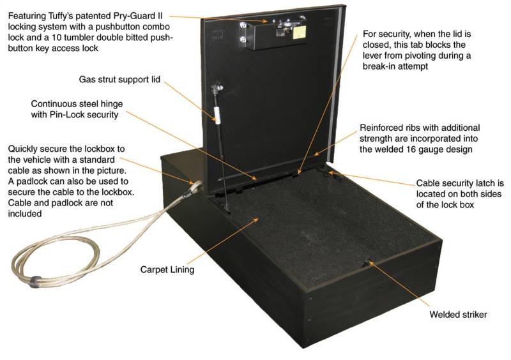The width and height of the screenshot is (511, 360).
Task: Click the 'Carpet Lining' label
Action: [x=167, y=269]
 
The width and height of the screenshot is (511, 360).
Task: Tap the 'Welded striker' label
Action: [x=459, y=315]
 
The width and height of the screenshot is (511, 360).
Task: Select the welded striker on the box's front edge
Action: [x=369, y=262]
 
